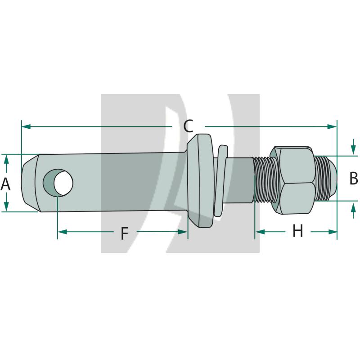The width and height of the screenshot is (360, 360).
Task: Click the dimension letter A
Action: (x=5, y=184)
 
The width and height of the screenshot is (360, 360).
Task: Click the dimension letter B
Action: (x=354, y=178)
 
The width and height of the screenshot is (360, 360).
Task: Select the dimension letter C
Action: (x=188, y=126)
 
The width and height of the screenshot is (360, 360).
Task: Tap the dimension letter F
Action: (x=125, y=233)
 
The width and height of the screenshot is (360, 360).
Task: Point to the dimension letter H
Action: (x=298, y=231)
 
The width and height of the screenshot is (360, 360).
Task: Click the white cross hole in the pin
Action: (x=63, y=183)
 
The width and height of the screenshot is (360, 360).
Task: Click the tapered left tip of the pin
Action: (x=30, y=183)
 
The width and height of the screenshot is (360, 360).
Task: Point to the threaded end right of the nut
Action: (x=325, y=179)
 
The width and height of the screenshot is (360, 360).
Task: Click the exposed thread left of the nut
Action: (x=262, y=180)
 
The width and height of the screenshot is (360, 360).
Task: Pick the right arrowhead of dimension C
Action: (x=332, y=126)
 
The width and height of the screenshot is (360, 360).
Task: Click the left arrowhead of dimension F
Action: (x=63, y=232)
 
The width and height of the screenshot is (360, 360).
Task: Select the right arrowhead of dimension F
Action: (x=183, y=232)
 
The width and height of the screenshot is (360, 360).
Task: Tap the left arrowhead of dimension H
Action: (x=260, y=232)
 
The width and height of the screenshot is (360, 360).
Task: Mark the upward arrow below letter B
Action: (x=354, y=210)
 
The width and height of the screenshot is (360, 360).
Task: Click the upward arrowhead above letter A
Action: (x=6, y=160)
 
